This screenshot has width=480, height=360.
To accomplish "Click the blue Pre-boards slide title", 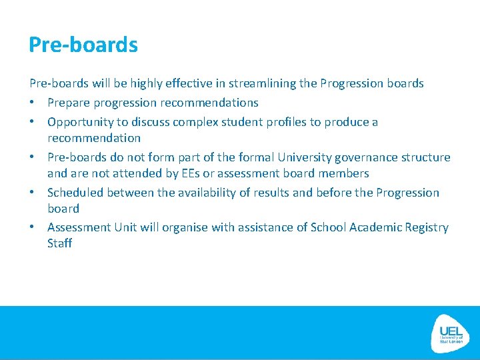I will pos(83,45).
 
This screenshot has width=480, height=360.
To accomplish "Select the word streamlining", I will pos(263,83).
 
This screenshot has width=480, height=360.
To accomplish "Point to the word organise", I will pos(181,227).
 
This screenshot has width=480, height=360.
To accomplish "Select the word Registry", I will pos(424,227).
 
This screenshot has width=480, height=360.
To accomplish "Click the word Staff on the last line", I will pos(59,243).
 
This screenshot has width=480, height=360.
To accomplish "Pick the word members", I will pos(343,173).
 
